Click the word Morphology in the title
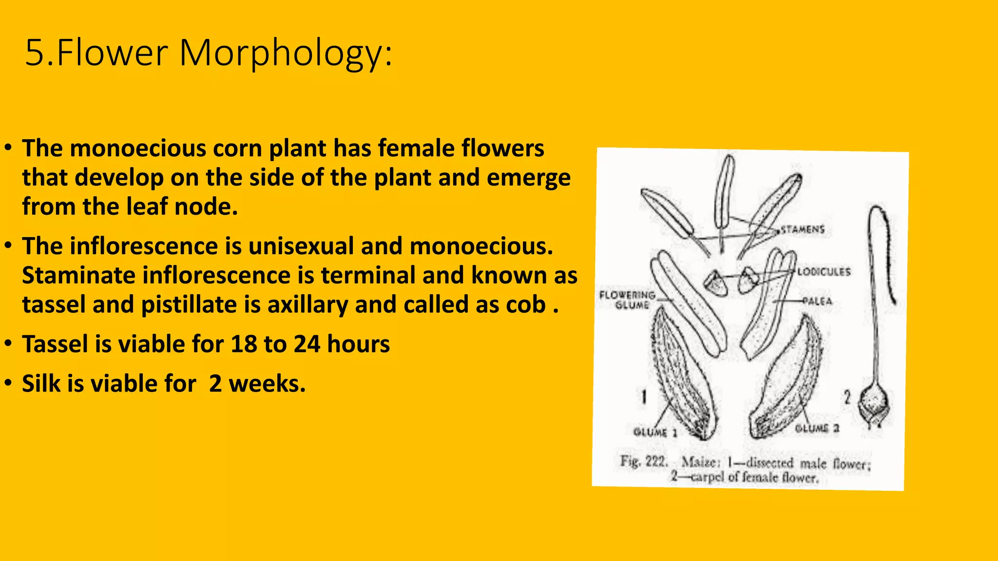(285, 53)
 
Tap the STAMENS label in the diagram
(803, 229)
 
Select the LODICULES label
(824, 272)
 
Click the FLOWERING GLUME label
(628, 300)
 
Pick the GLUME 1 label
(655, 432)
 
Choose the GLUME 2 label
(817, 429)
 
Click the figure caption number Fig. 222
(643, 461)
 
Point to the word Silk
(41, 384)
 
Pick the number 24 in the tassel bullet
(307, 344)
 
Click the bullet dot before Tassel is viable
(8, 343)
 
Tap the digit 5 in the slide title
(34, 53)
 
